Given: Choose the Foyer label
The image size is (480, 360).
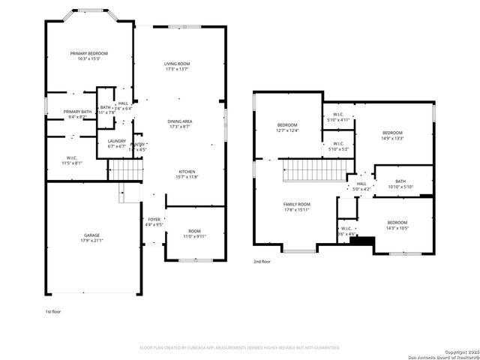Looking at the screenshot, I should coord(154,220).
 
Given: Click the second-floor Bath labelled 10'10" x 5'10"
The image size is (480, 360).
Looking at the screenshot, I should coord(400,184).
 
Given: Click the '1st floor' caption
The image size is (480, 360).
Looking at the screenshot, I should coord(54,310).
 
